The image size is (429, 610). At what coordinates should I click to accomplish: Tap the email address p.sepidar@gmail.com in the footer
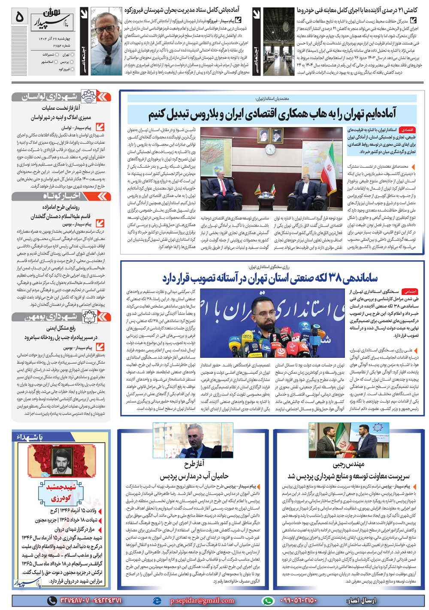[x=202, y=601]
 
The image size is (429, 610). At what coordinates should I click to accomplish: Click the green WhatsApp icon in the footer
[x=268, y=601]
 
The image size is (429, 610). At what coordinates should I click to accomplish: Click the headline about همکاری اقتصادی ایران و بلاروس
[x=272, y=115]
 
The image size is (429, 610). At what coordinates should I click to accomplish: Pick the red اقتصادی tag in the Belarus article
[x=407, y=130]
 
